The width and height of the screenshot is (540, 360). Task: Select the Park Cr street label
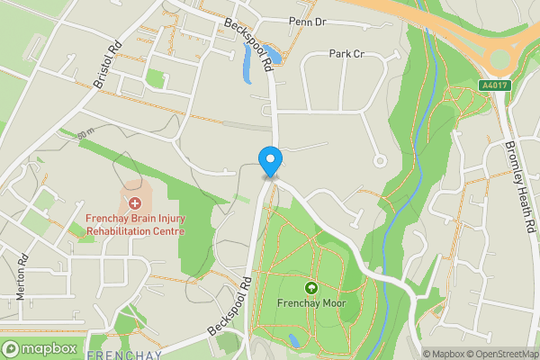click(346, 54)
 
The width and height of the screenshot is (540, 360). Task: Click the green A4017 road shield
click(490, 85)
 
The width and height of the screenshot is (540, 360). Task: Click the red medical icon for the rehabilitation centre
click(135, 202)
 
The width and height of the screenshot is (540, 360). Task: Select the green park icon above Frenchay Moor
click(311, 288)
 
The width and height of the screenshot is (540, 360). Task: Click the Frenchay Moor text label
click(311, 303)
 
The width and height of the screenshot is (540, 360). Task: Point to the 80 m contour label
click(86, 133)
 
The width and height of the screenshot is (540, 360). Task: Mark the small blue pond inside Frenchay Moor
click(294, 340)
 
